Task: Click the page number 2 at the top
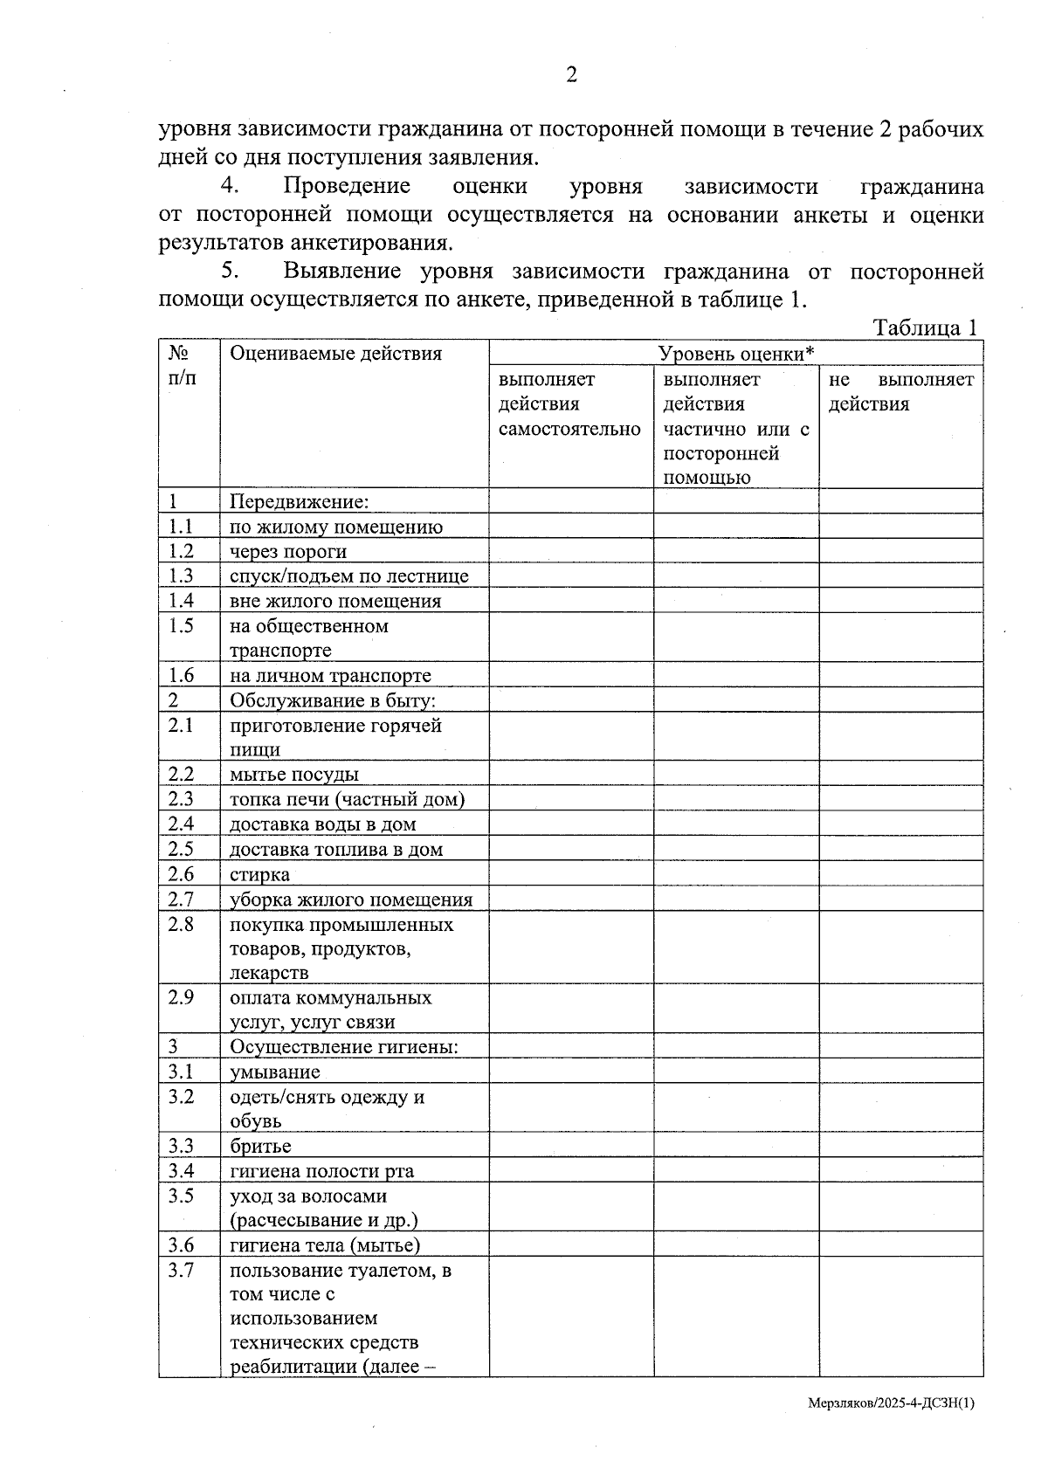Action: tap(571, 76)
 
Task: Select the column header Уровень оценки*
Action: tap(735, 354)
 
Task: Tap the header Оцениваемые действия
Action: tap(335, 354)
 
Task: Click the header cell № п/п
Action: tap(181, 365)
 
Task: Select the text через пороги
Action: tap(287, 552)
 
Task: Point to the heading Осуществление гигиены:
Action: tap(344, 1047)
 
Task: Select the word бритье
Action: tap(260, 1147)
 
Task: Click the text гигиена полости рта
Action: tap(321, 1172)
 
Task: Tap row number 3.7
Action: tap(181, 1271)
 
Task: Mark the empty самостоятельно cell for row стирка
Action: tap(570, 874)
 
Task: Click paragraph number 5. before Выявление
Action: tap(229, 272)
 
